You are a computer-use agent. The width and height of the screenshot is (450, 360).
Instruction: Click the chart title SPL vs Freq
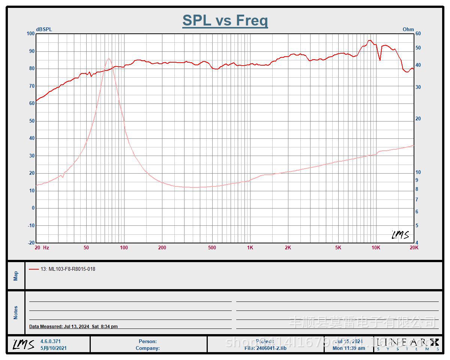[x=225, y=20]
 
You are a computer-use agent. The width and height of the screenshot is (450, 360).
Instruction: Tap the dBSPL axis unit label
[x=44, y=29]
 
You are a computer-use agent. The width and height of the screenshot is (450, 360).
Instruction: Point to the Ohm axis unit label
[x=408, y=29]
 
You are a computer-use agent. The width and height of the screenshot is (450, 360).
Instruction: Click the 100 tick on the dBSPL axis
[x=30, y=34]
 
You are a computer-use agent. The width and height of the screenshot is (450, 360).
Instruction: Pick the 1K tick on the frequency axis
[x=250, y=247]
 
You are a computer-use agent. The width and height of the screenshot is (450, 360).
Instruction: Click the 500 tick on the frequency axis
[x=212, y=247]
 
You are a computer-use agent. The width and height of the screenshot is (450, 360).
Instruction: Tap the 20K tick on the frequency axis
[x=414, y=247]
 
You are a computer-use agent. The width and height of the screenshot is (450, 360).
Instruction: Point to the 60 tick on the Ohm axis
[x=418, y=34]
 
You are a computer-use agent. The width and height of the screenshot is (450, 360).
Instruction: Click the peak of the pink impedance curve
[x=109, y=58]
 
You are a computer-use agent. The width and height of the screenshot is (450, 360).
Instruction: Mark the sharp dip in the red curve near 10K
[x=380, y=60]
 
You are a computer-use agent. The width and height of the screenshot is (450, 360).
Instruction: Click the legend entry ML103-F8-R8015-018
[x=68, y=269]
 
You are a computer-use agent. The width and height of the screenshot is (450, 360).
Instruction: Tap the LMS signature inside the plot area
[x=400, y=235]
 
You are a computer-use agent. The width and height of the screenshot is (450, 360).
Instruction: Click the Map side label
[x=16, y=276]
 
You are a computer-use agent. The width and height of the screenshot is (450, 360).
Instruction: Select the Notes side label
[x=16, y=313]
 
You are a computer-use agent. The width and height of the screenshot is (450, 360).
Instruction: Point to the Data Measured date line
[x=73, y=327]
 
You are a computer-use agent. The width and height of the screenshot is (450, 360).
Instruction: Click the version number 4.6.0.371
[x=50, y=341]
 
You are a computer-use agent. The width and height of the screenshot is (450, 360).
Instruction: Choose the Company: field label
[x=147, y=348]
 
